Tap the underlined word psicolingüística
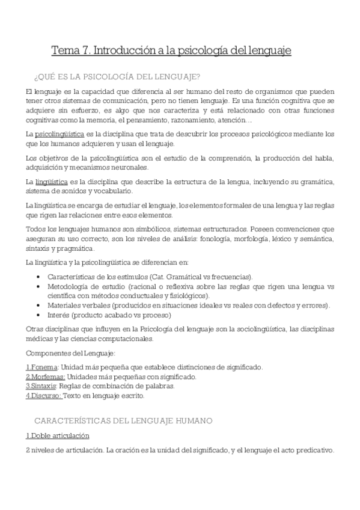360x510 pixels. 59,134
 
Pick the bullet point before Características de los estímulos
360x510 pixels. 39,277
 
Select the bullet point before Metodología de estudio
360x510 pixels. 39,286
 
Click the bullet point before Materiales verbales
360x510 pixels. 39,306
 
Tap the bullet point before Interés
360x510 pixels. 39,315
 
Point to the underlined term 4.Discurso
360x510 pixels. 44,396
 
